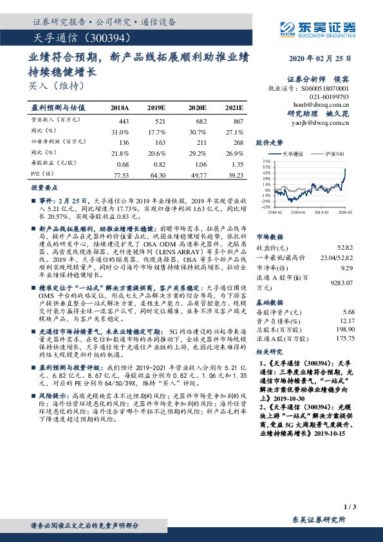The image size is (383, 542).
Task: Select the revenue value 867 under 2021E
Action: point(238,120)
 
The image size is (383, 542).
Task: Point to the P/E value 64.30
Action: point(157,174)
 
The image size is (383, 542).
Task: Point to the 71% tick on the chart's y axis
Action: point(266,161)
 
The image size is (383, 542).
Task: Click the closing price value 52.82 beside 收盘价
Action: point(346,247)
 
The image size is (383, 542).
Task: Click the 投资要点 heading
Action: point(44,188)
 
